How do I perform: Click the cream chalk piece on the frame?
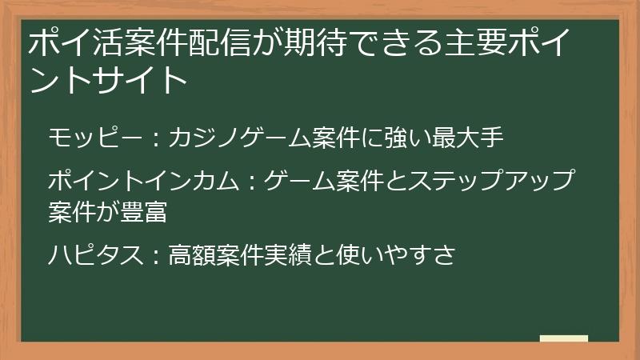click(563, 339)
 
